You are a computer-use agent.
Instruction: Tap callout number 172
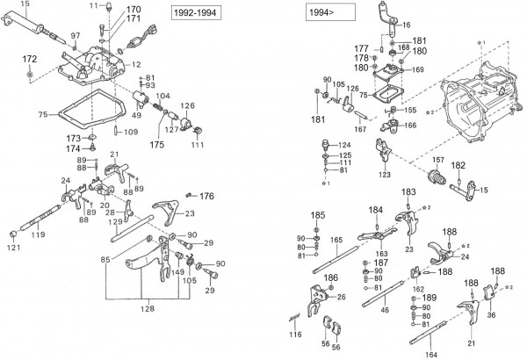(29, 58)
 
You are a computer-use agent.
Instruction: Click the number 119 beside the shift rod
(38, 234)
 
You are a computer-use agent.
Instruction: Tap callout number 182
(458, 165)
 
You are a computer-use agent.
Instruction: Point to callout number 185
(318, 214)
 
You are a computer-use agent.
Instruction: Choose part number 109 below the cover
(129, 132)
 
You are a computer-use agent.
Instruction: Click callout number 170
(133, 9)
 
